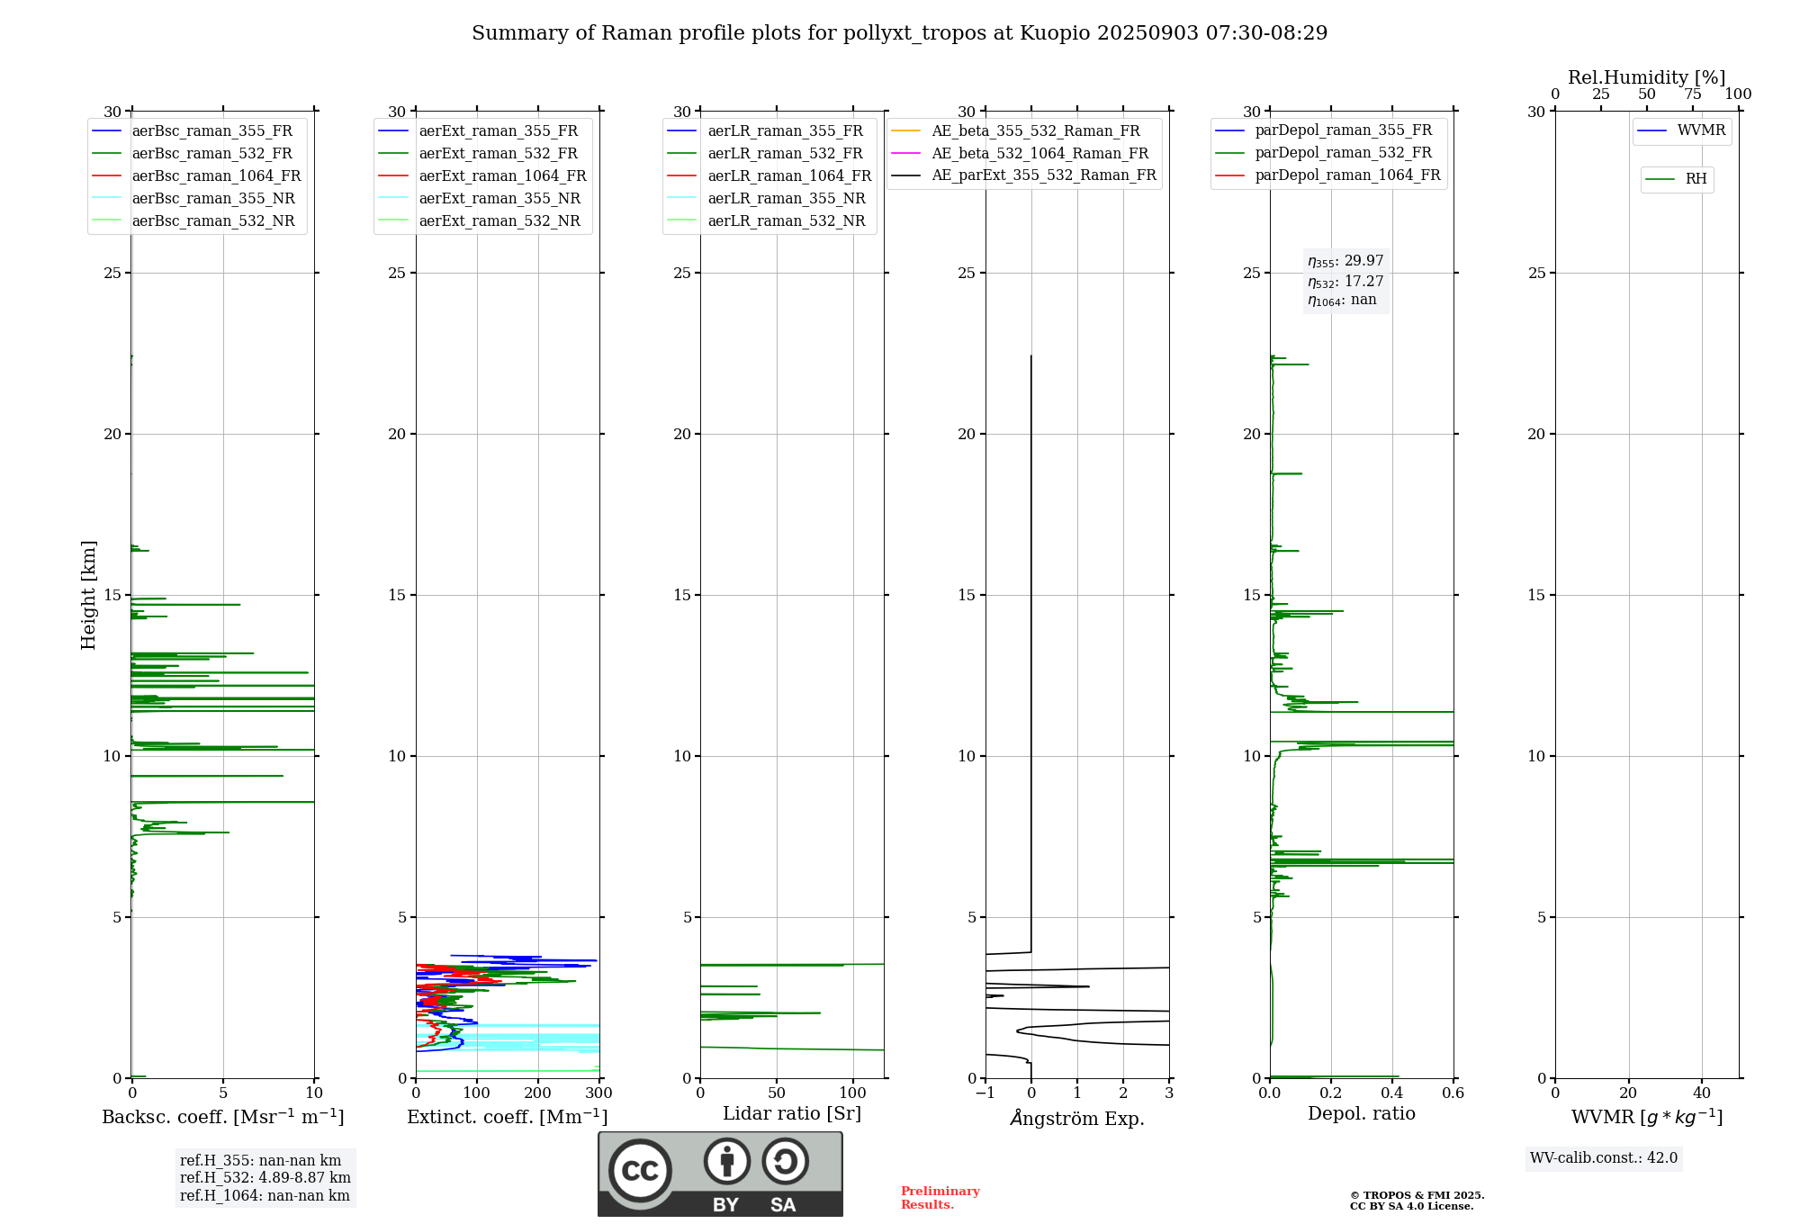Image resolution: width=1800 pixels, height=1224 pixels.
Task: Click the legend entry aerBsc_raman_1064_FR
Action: click(216, 176)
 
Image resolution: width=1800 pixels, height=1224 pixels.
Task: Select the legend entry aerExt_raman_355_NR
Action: click(499, 199)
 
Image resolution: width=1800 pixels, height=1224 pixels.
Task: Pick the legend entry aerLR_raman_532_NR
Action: click(786, 221)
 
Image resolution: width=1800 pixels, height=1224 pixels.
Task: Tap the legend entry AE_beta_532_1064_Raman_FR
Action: click(1039, 154)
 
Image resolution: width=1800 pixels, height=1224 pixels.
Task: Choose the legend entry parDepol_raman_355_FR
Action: click(1343, 130)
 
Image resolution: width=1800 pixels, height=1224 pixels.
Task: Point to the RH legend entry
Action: click(1696, 179)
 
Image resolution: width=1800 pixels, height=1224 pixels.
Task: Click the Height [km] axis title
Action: click(88, 595)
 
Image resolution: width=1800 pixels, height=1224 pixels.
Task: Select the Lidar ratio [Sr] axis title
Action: click(792, 1113)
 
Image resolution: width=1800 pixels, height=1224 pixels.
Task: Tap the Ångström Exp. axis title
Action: click(1077, 1118)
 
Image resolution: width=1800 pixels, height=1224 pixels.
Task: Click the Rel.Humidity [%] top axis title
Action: click(1646, 77)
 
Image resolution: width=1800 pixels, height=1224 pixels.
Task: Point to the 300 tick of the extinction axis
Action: click(598, 1093)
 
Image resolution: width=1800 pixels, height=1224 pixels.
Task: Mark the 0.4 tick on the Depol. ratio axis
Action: click(1392, 1093)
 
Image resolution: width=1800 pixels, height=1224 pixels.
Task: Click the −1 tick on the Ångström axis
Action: click(985, 1093)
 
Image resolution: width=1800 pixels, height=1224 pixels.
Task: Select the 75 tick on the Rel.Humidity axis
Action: click(1693, 94)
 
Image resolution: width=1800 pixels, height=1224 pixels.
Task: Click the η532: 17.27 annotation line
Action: click(1345, 282)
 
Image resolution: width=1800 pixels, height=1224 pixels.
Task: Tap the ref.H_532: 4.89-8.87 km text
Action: click(265, 1178)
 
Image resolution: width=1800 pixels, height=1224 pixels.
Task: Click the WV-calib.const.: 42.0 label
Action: click(1604, 1158)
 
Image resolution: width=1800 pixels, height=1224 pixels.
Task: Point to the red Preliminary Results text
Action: click(940, 1198)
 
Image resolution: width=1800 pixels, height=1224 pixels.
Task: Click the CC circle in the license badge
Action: click(640, 1171)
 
